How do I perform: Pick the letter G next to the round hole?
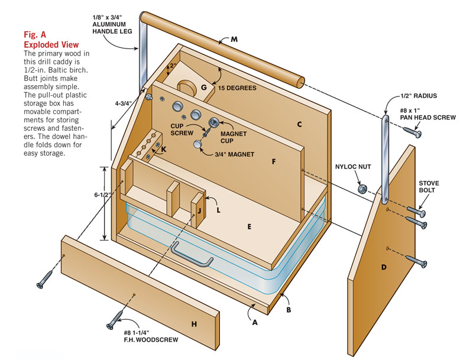click(203, 88)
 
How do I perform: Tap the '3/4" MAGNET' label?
click(234, 155)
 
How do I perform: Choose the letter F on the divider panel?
click(273, 160)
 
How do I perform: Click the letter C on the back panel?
click(299, 125)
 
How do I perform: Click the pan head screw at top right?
click(414, 133)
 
